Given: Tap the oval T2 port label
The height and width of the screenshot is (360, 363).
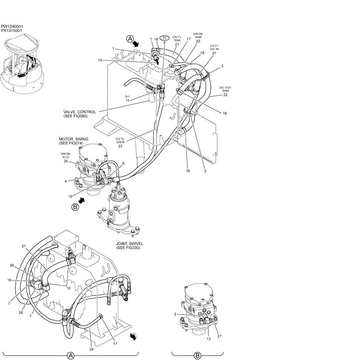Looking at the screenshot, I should [x=164, y=38].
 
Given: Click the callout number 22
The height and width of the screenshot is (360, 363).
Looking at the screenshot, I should [x=225, y=95].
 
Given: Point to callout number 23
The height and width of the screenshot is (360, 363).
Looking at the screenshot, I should [x=120, y=146].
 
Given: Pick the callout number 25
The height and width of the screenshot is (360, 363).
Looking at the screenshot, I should [x=66, y=161].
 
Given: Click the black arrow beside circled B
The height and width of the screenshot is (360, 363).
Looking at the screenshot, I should [x=83, y=200].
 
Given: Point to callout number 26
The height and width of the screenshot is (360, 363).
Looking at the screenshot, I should [x=12, y=265].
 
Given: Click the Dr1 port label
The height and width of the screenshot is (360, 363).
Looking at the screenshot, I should [x=127, y=97].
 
